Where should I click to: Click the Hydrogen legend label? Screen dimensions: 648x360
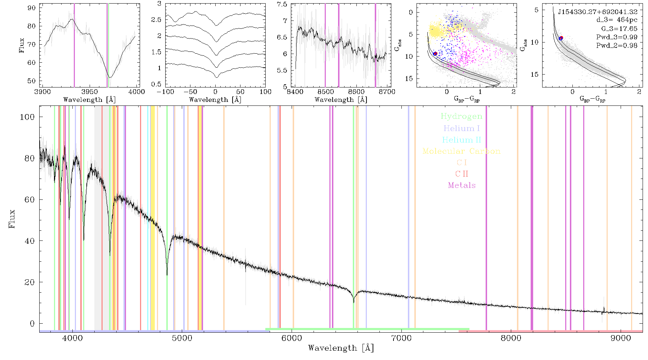pos(462,117)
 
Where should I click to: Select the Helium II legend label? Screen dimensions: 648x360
pos(462,140)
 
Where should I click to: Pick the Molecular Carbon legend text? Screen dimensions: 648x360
pos(462,151)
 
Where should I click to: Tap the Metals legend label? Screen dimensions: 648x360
pos(462,185)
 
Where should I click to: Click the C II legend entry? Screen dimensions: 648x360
pos(462,174)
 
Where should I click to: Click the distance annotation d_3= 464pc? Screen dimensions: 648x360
pos(612,20)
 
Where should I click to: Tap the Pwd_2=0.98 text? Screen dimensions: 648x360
pos(617,46)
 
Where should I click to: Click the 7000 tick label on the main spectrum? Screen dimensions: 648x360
pos(401,338)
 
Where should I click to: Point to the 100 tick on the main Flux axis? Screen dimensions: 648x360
pos(27,117)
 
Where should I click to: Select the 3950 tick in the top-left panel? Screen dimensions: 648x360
pos(89,92)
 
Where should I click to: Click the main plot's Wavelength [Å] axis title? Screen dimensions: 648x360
pos(341,348)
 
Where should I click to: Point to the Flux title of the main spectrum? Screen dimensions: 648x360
pos(12,219)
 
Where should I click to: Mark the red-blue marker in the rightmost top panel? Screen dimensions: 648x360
pos(561,38)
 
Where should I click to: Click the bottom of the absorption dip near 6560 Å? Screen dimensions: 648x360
pos(354,302)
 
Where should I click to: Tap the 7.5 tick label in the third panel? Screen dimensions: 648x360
pos(282,4)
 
